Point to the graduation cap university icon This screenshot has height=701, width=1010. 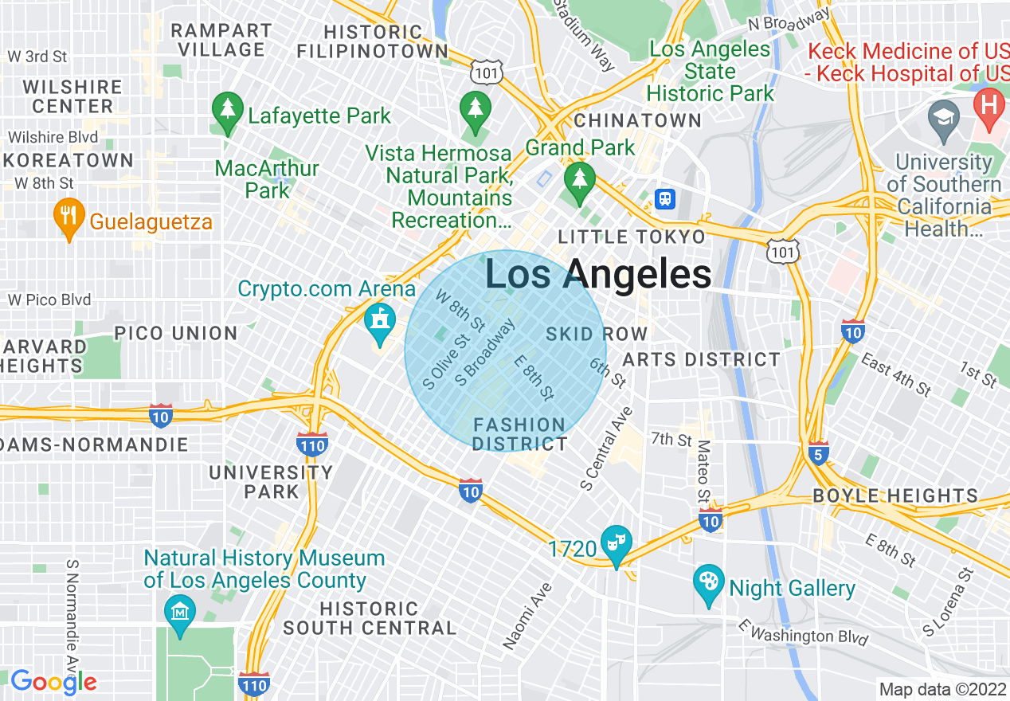point(945,116)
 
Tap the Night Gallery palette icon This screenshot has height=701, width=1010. point(708,585)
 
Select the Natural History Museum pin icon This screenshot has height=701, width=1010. point(180,613)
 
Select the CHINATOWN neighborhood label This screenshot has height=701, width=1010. point(637,121)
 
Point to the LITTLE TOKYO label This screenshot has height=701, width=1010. point(632,237)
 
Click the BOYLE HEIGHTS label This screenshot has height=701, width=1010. point(895,495)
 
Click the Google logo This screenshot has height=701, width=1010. point(53,682)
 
